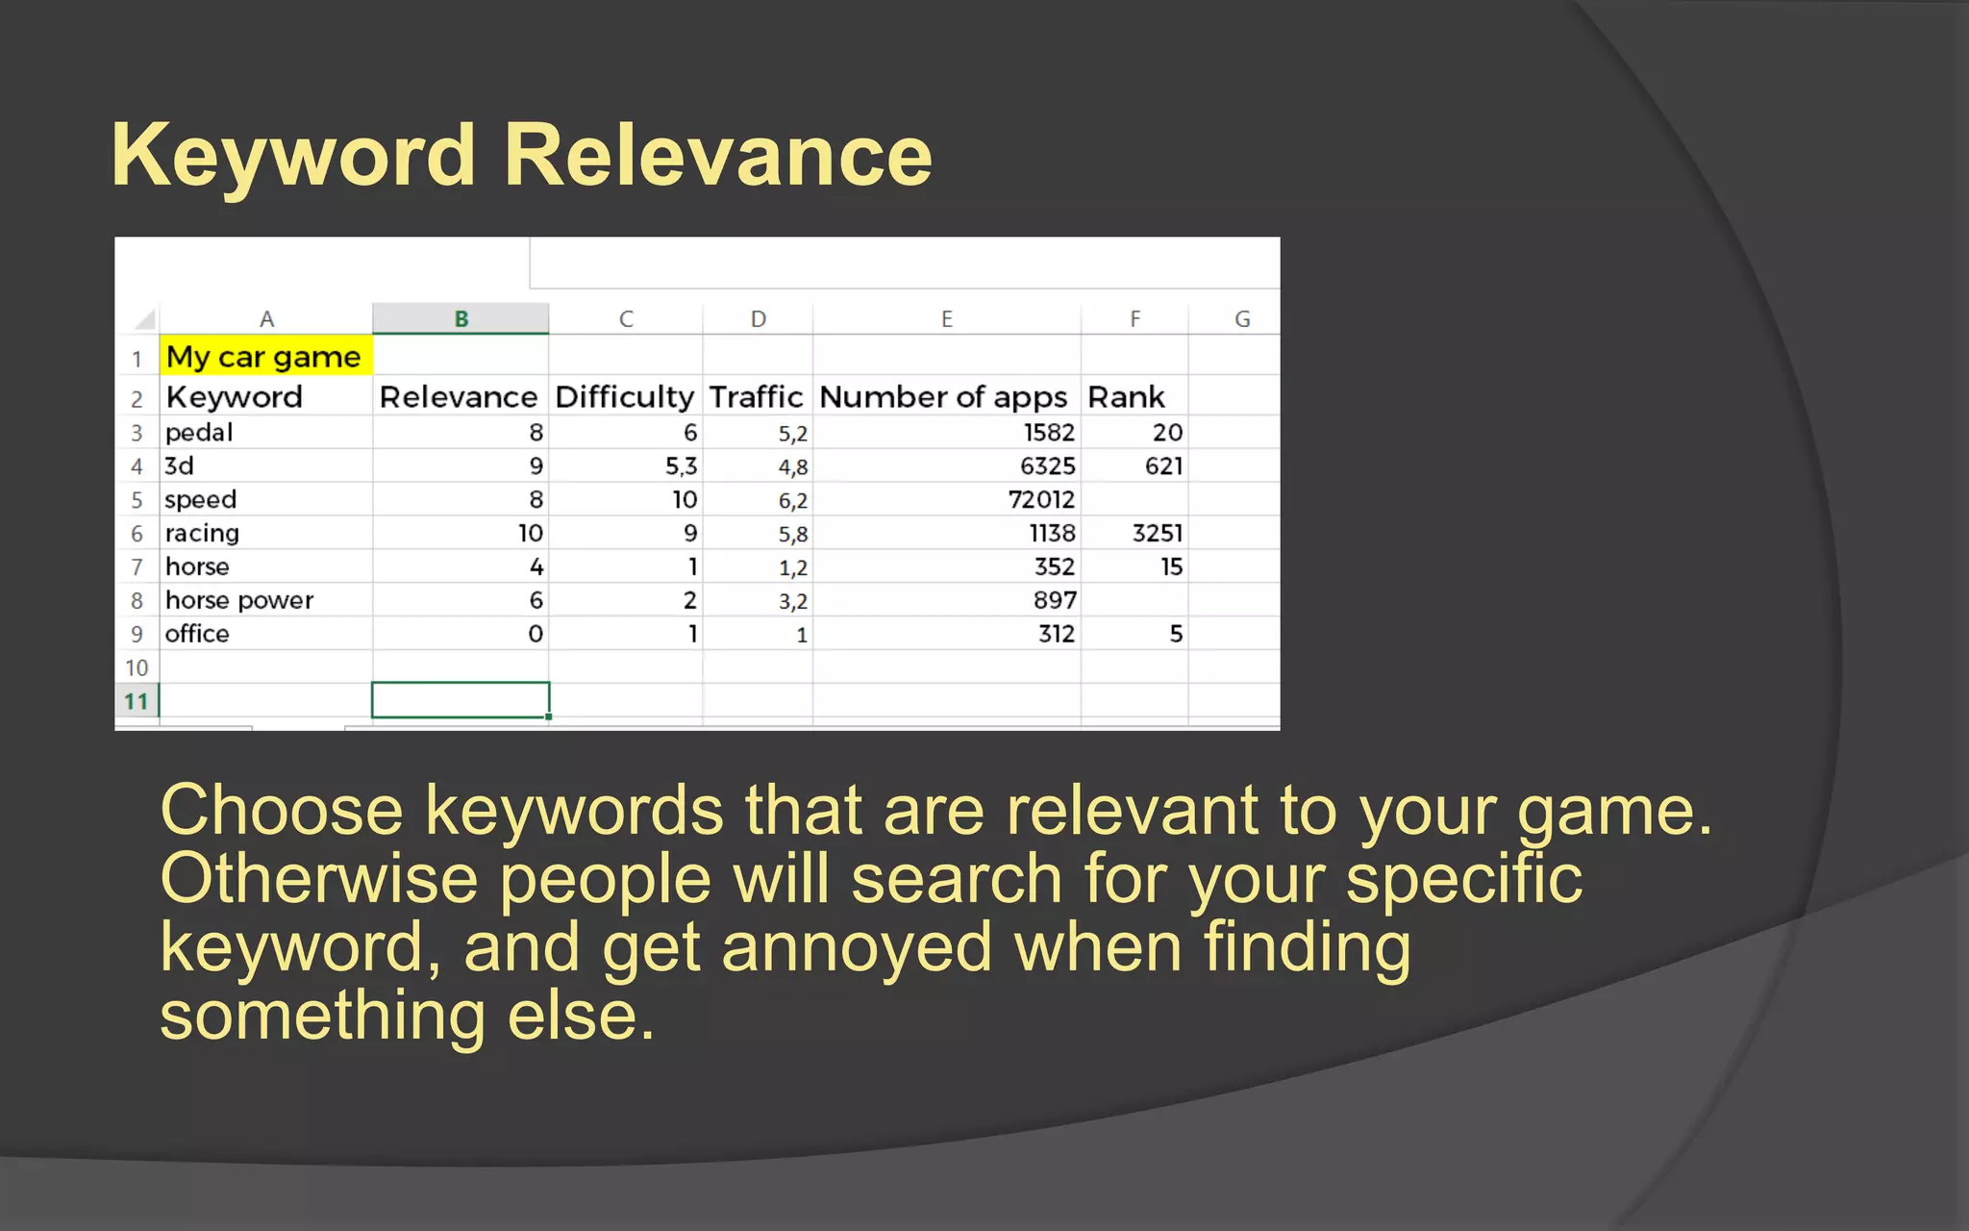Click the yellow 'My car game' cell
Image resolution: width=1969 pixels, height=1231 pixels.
pos(264,357)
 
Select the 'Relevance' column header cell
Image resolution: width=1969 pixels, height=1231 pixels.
pos(459,397)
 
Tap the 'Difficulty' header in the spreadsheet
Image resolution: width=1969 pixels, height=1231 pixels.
pos(625,397)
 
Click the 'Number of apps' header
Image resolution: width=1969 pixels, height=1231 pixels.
pos(943,397)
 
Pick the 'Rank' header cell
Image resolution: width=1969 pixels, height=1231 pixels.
pos(1126,397)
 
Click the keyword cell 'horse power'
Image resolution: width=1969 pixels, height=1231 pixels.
pos(239,600)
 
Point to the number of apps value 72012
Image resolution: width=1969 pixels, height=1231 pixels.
pos(1041,500)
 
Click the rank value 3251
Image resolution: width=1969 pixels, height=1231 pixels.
pos(1157,533)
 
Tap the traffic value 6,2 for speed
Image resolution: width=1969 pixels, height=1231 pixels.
pos(793,501)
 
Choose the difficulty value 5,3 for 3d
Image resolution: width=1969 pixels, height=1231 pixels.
pos(681,466)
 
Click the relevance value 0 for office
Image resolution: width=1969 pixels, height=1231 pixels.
pos(536,634)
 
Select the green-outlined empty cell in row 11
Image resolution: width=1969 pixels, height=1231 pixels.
pos(461,700)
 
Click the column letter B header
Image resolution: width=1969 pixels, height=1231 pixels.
pos(461,318)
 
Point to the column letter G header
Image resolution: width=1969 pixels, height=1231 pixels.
pos(1242,318)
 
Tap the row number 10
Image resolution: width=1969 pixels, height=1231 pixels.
pos(137,667)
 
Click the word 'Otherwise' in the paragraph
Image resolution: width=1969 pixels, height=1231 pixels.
pos(319,879)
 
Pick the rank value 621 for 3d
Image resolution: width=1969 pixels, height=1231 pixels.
pos(1163,466)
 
